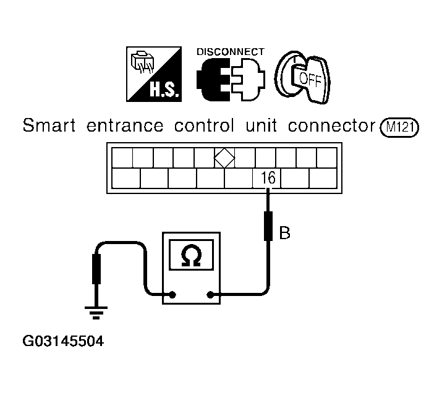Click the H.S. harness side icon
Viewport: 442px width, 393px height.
(154, 74)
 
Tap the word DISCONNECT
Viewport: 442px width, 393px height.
(231, 52)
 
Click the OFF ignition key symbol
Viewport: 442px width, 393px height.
(302, 77)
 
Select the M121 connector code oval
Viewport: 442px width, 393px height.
(399, 127)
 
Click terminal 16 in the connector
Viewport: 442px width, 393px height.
(266, 178)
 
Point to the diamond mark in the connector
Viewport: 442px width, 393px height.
(224, 158)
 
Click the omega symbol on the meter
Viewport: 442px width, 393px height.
(191, 255)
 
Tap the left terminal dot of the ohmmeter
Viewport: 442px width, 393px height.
(172, 295)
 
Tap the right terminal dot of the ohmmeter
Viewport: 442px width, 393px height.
(210, 295)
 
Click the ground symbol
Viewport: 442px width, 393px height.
(96, 313)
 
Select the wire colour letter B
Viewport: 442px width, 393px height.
(284, 233)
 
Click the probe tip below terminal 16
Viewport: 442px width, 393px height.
(268, 226)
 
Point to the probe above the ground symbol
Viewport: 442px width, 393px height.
(96, 269)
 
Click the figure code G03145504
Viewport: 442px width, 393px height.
(63, 341)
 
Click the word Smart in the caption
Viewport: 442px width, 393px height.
(49, 125)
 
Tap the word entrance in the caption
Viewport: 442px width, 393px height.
(125, 126)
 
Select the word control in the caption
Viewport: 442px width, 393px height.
(204, 125)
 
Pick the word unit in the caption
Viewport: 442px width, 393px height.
(261, 125)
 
